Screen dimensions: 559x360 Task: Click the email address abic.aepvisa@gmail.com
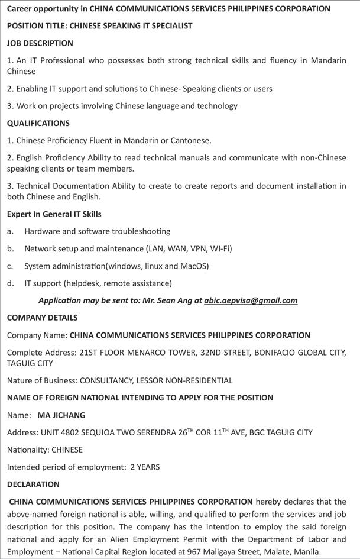[x=251, y=300]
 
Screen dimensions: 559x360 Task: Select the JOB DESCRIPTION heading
[x=40, y=43]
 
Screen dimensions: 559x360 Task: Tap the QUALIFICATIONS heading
[x=38, y=123]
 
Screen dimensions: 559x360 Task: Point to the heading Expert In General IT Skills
[x=54, y=214]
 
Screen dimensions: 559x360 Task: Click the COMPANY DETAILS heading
[x=42, y=318]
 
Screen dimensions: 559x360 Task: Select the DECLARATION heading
[x=33, y=484]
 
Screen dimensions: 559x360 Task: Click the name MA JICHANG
[x=61, y=415]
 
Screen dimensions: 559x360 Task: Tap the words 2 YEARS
[x=145, y=467]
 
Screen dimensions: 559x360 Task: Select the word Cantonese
[x=189, y=141]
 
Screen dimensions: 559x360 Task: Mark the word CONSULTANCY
[x=106, y=380]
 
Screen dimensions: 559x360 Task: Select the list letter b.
[x=10, y=248]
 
